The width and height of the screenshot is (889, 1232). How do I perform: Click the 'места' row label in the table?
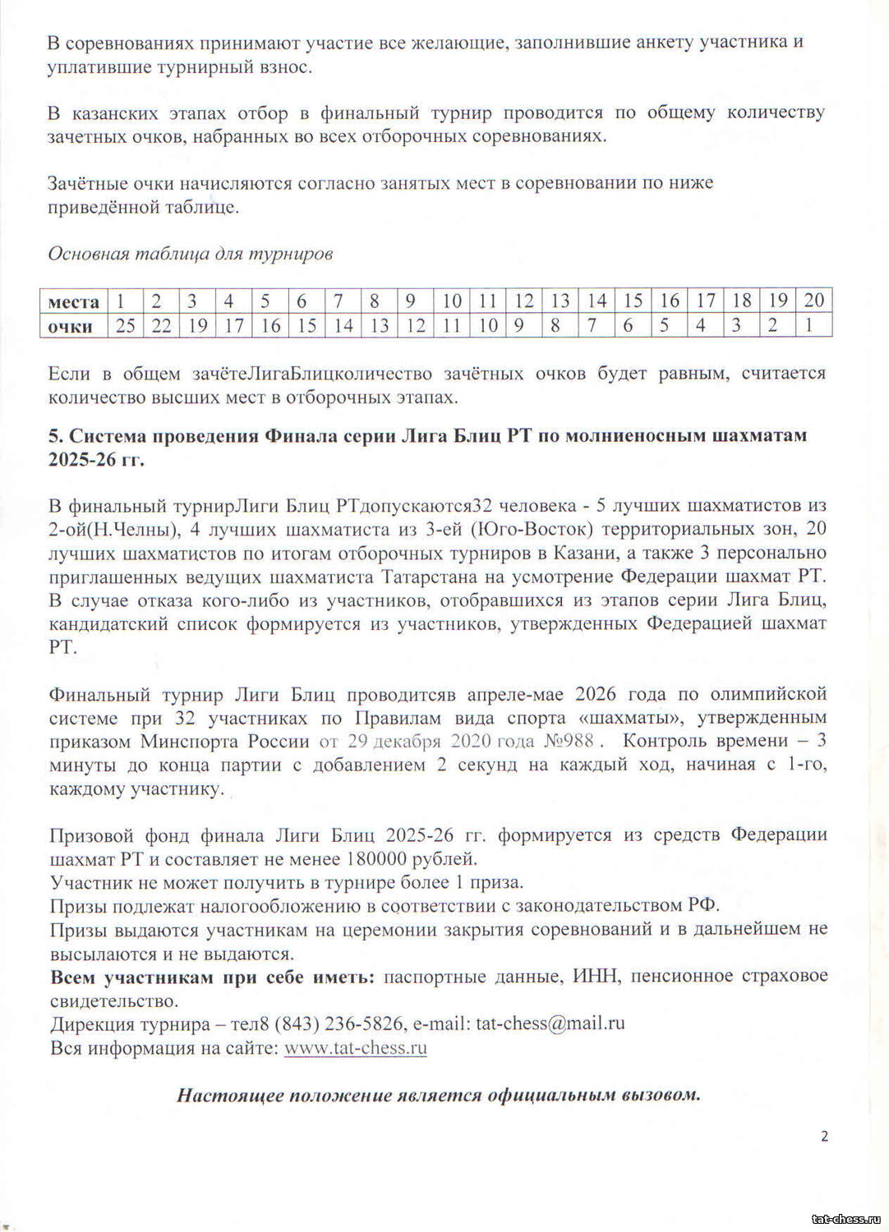pos(73,301)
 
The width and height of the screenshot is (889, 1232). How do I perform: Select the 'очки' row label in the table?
pos(71,326)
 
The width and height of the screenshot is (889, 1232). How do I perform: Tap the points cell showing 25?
pos(125,326)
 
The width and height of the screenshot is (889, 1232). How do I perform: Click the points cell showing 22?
pos(161,326)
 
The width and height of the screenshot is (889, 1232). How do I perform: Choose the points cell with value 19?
pos(197,326)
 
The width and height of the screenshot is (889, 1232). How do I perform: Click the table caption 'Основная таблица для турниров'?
pos(190,254)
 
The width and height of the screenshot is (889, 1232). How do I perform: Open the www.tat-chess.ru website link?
pos(355,1048)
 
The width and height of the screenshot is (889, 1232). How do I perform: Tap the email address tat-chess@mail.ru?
pos(550,1023)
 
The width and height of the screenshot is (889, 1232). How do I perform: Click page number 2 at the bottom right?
pos(824,1137)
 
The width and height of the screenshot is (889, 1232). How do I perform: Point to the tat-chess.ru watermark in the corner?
pos(845,1219)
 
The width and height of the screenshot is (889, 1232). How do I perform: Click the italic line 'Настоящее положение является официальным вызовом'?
pos(439,1095)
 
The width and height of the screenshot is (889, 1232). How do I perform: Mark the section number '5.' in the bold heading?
pos(55,435)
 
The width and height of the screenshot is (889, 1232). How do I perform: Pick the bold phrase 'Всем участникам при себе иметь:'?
pos(213,977)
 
